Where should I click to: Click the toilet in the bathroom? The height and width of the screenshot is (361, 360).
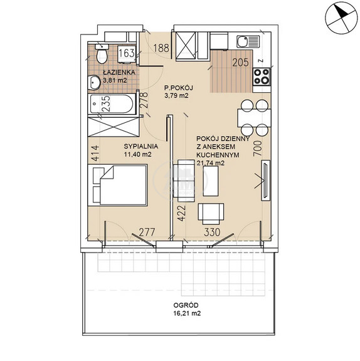[102, 53]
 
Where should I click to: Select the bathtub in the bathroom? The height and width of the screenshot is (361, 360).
[112, 104]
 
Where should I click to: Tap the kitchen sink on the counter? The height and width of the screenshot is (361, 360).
[248, 41]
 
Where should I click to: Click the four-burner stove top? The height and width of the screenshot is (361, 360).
[262, 76]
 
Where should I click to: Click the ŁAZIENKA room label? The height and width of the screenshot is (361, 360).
[119, 72]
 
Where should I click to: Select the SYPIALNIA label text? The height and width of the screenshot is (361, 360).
[140, 146]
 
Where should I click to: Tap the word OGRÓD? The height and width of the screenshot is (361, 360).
[186, 305]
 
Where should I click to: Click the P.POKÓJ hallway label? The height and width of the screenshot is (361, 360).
[178, 88]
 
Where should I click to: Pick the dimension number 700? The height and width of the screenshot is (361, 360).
[258, 149]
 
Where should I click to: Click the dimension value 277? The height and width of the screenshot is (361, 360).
[147, 232]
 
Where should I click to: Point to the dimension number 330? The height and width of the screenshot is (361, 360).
[212, 232]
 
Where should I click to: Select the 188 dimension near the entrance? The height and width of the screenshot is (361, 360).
[161, 48]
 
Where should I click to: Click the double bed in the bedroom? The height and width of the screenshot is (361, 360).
[120, 185]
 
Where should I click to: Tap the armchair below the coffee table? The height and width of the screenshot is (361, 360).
[211, 214]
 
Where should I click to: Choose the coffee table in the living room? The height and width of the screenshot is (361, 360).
[211, 181]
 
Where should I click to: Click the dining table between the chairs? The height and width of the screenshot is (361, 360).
[254, 118]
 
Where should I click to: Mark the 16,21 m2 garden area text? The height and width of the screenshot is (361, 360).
[187, 313]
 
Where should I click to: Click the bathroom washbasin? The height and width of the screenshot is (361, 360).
[94, 82]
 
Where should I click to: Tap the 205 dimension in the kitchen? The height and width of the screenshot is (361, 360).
[240, 63]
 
